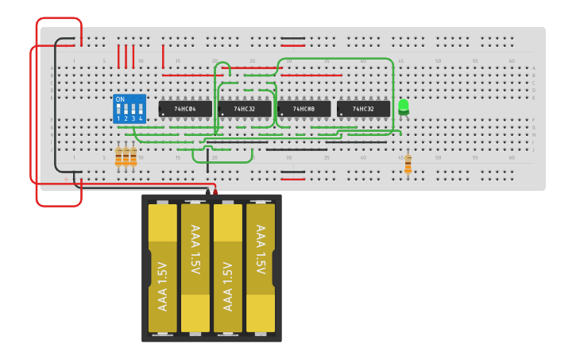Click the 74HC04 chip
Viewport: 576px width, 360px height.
(x=185, y=108)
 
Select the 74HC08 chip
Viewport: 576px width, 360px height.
(x=303, y=108)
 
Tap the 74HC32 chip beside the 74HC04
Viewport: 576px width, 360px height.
(x=245, y=108)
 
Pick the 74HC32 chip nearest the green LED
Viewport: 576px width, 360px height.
(x=363, y=108)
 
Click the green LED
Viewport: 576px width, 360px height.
(x=404, y=106)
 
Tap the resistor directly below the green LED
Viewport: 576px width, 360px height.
(x=408, y=164)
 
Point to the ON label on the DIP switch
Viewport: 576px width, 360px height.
(x=120, y=99)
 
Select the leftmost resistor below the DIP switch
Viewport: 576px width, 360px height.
(x=118, y=157)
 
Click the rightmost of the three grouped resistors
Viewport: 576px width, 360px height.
(x=133, y=157)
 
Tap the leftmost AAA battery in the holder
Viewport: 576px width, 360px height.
(x=163, y=268)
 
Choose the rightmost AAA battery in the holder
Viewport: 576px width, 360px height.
(x=261, y=268)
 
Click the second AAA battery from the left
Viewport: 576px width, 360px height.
(x=195, y=268)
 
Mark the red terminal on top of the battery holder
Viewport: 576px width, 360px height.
(x=215, y=192)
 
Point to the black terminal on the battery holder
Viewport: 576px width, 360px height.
(x=207, y=192)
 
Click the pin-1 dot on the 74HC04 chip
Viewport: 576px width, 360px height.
(x=163, y=114)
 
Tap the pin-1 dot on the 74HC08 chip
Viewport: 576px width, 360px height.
(x=281, y=114)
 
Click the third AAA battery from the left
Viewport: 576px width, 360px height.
(x=228, y=268)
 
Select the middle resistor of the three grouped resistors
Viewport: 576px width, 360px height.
(x=126, y=157)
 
